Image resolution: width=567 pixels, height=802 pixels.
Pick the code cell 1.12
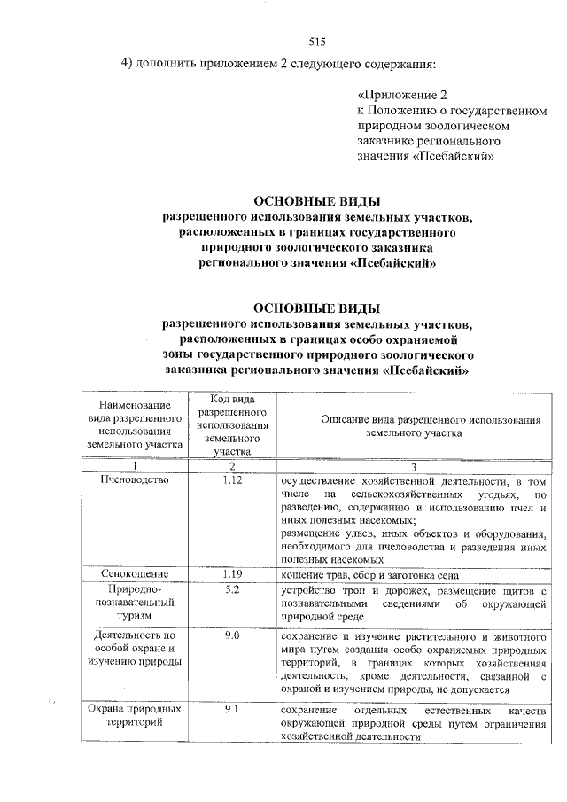pos(233,480)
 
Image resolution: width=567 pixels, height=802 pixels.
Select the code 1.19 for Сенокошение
pos(233,573)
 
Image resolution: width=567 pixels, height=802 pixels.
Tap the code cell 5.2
pos(233,589)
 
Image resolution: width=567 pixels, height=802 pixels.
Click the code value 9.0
pos(233,635)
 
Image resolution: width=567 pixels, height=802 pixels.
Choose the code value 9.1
pos(233,711)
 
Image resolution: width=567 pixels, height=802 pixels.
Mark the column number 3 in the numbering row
pos(412,466)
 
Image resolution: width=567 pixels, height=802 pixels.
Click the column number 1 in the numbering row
pos(135,466)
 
